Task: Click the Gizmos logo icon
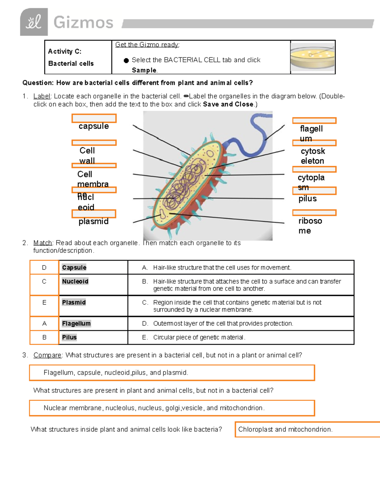(x=34, y=22)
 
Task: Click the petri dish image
(x=313, y=57)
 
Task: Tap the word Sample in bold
(x=144, y=70)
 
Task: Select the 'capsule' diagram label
(x=94, y=126)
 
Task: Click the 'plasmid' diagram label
(x=93, y=221)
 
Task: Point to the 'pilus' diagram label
(x=307, y=199)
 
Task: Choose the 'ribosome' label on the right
(x=310, y=226)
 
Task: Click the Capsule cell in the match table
(x=74, y=267)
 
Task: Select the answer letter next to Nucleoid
(x=44, y=281)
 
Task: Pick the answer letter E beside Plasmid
(x=44, y=303)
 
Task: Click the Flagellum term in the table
(x=76, y=323)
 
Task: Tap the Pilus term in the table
(x=69, y=337)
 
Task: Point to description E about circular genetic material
(x=199, y=337)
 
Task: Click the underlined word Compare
(x=47, y=355)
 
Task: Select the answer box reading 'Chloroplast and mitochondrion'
(x=285, y=429)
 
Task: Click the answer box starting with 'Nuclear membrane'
(x=172, y=408)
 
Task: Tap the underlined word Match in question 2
(x=42, y=243)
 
